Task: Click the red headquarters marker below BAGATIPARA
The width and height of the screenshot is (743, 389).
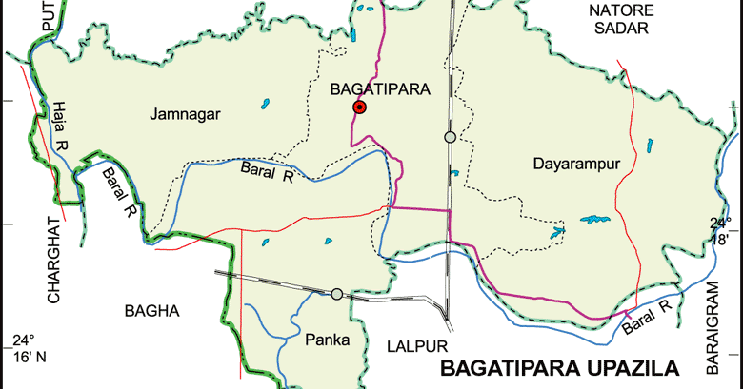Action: coord(359,107)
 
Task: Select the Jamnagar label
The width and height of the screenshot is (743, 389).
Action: coord(185,114)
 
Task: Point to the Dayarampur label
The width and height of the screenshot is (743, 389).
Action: coord(576,164)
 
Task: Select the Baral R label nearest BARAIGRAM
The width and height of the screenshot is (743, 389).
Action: coord(648,317)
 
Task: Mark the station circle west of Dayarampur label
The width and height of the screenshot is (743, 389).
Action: coord(450,138)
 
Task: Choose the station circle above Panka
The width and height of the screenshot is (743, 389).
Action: coord(336,294)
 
